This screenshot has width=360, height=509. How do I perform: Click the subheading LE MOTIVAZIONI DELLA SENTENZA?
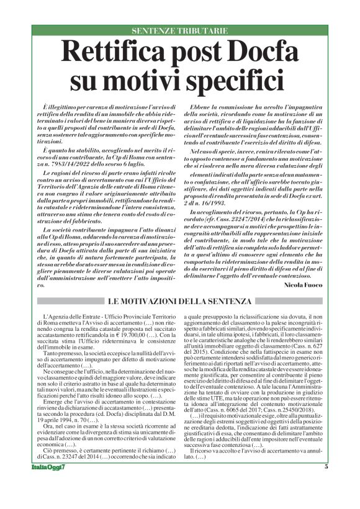(x=180, y=301)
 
